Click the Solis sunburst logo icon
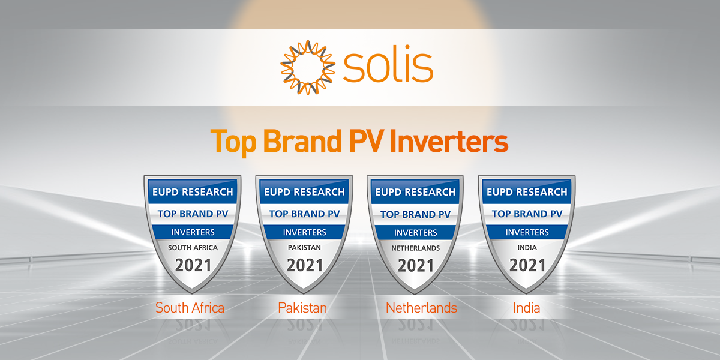(x=307, y=67)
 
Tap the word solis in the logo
(x=388, y=67)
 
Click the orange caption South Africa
(x=190, y=308)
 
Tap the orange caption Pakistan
(x=302, y=308)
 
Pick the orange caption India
(x=526, y=308)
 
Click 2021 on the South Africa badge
(x=193, y=265)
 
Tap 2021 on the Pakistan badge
(x=304, y=265)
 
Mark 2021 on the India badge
(x=527, y=265)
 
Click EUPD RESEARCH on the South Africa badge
(x=193, y=193)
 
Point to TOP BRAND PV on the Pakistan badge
(x=304, y=214)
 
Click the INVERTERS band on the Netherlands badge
(x=415, y=232)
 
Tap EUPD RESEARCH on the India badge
(x=527, y=193)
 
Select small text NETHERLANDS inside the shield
(x=415, y=248)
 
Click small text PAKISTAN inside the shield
(x=304, y=247)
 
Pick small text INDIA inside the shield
(x=527, y=247)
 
